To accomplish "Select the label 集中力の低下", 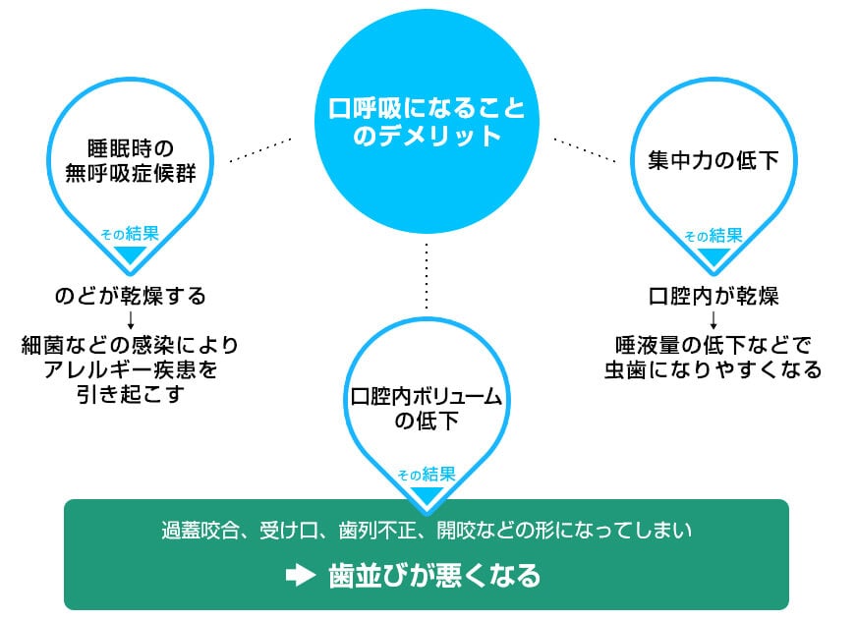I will point(713,159).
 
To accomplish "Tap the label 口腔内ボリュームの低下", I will point(427,409).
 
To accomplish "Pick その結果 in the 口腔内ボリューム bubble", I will point(427,474).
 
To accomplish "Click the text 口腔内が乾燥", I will point(713,296).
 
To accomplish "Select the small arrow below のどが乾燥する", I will point(130,320).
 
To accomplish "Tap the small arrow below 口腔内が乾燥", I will point(713,320).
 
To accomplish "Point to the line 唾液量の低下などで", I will point(713,345).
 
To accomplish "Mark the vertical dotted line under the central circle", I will point(427,276).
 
